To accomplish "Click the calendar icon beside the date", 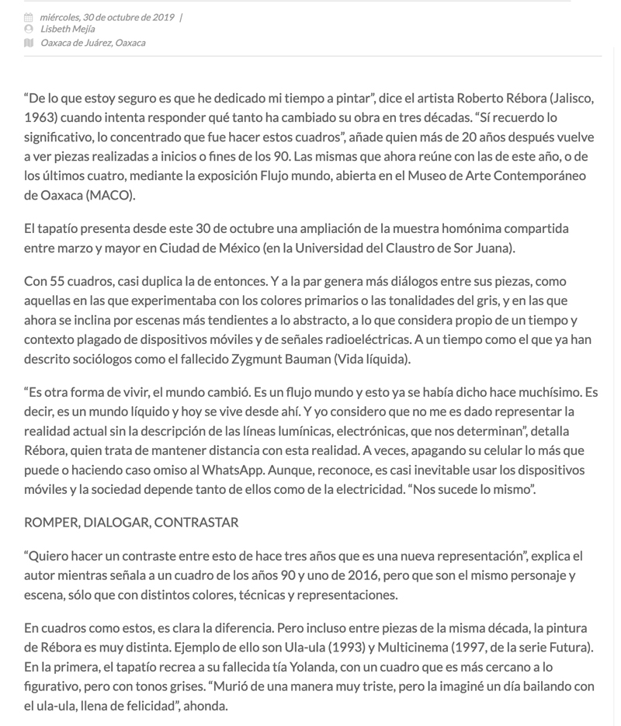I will (x=29, y=17).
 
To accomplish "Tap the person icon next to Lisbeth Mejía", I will (x=29, y=30).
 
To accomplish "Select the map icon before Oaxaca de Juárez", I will (x=29, y=43).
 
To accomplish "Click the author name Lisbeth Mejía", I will (x=68, y=30).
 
